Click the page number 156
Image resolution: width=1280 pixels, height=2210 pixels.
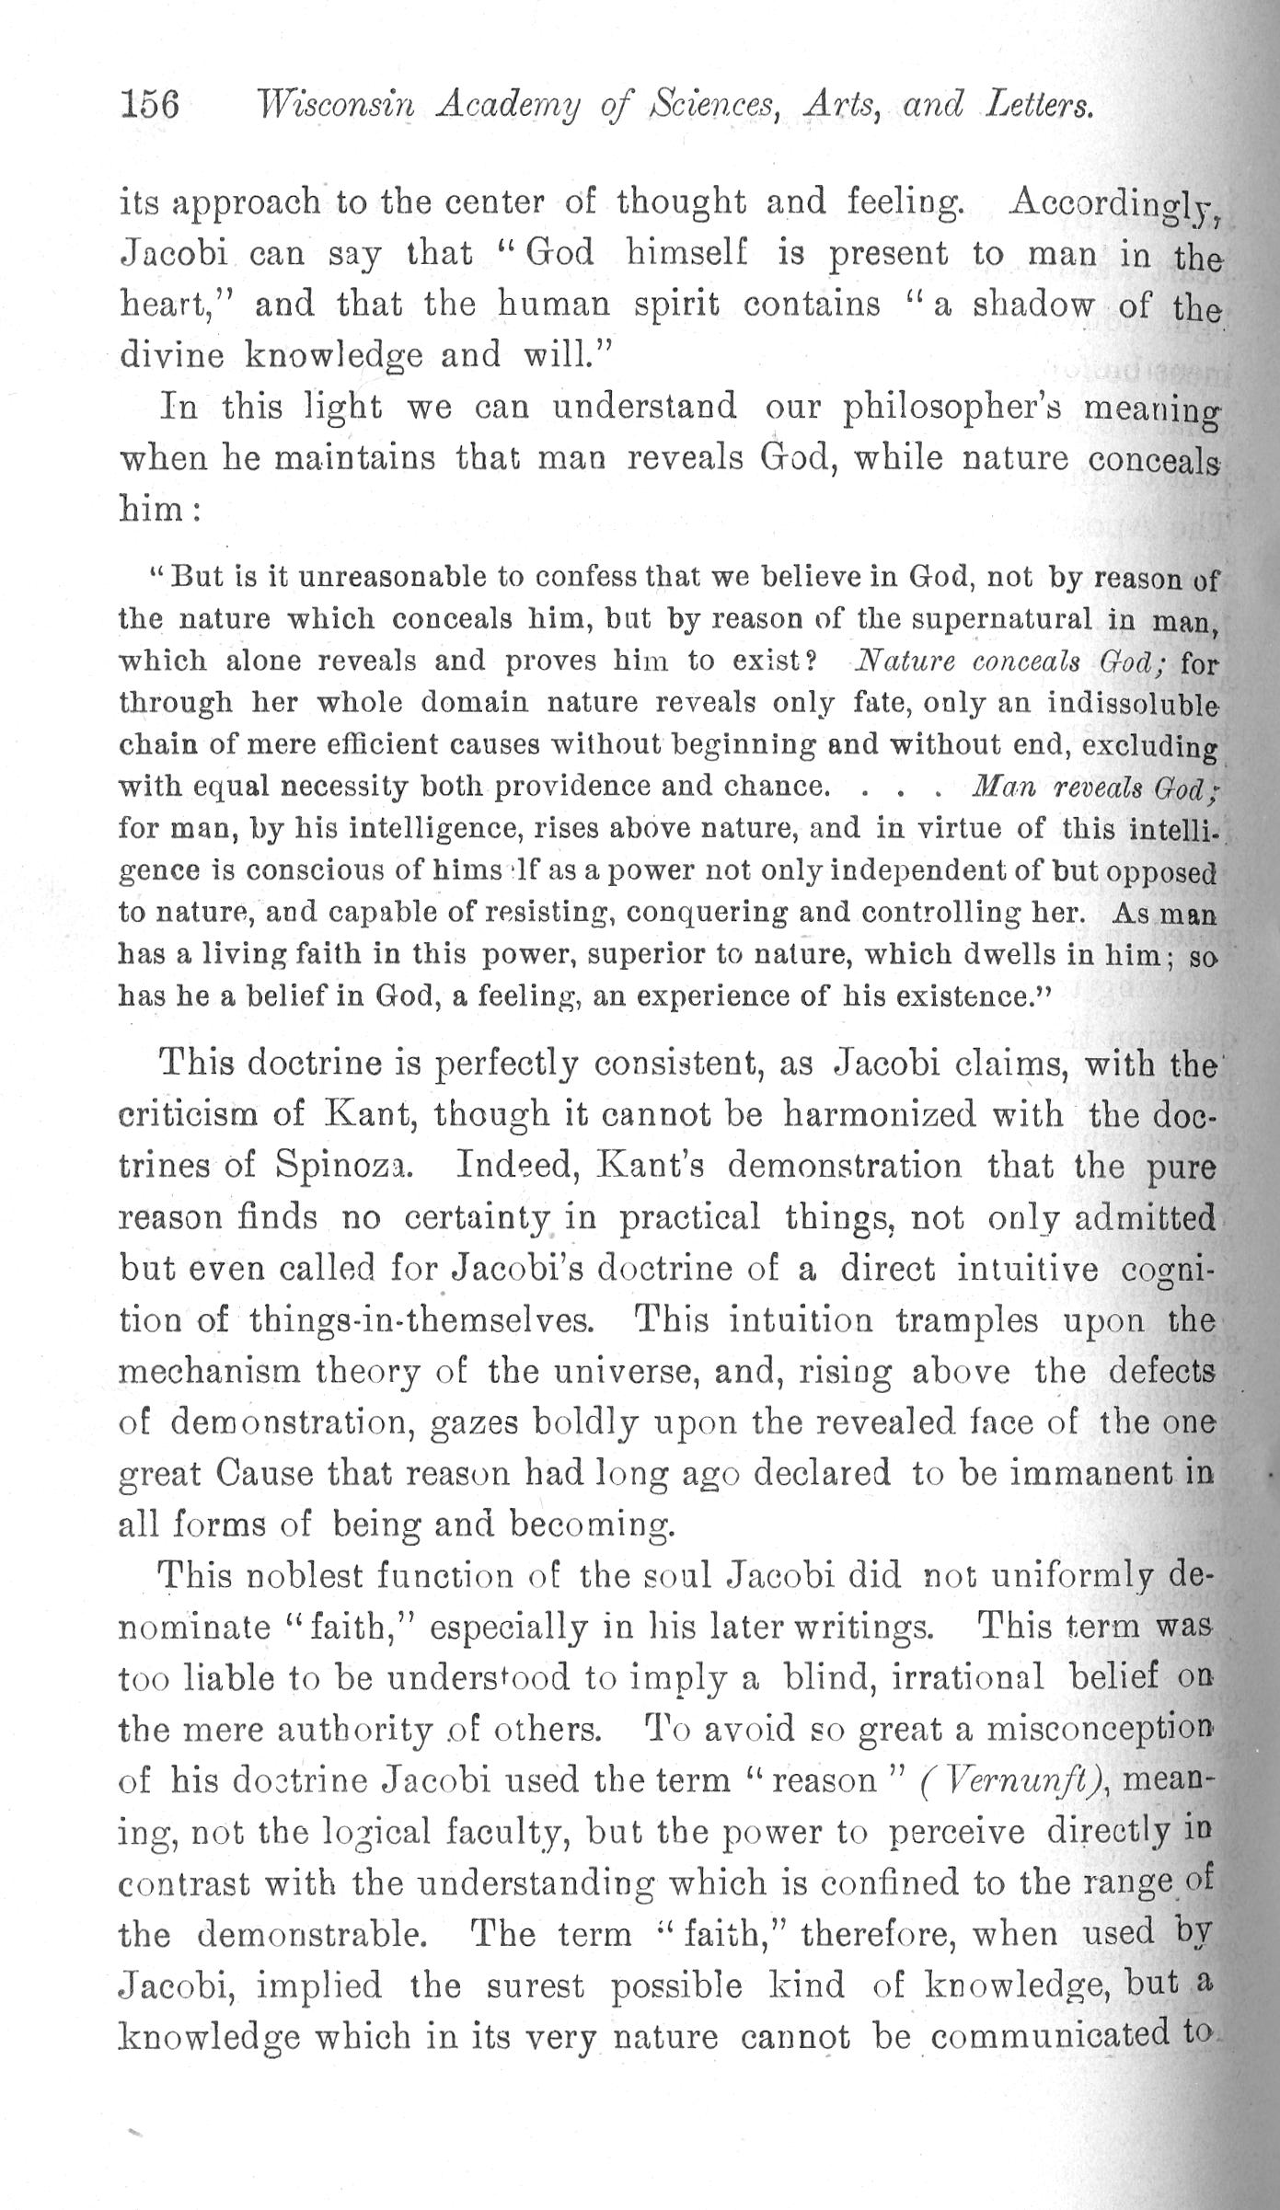[149, 105]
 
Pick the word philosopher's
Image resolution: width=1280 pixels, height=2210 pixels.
[950, 408]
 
